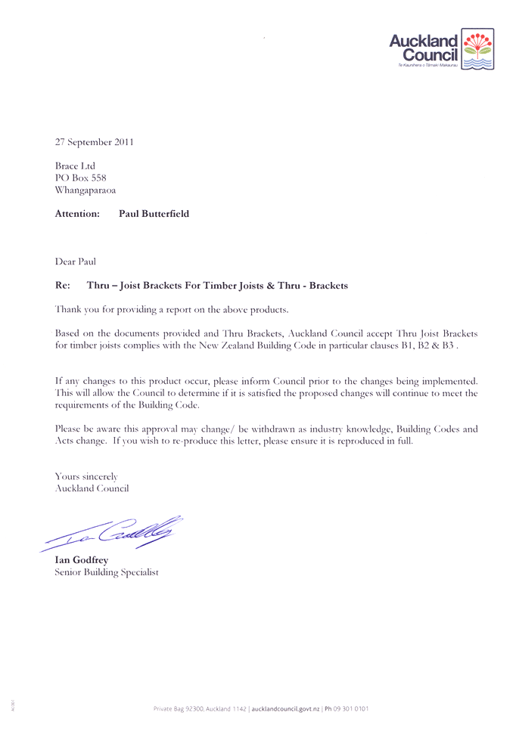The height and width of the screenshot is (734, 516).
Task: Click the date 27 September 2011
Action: tap(95, 141)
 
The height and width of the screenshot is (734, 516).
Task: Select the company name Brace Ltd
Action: tap(75, 166)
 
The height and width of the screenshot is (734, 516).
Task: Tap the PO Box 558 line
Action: tap(80, 178)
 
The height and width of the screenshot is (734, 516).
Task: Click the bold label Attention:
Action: tap(77, 214)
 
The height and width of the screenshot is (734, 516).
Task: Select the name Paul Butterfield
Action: tap(154, 214)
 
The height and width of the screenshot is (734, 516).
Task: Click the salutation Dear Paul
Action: tap(76, 262)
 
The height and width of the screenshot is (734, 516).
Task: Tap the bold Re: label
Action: tap(63, 286)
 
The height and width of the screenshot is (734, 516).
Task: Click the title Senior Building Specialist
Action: tap(107, 572)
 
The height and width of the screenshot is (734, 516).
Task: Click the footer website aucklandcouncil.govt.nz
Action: tap(286, 708)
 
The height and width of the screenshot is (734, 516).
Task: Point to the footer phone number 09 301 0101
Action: tap(353, 708)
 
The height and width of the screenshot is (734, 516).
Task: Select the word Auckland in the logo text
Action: tap(424, 42)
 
